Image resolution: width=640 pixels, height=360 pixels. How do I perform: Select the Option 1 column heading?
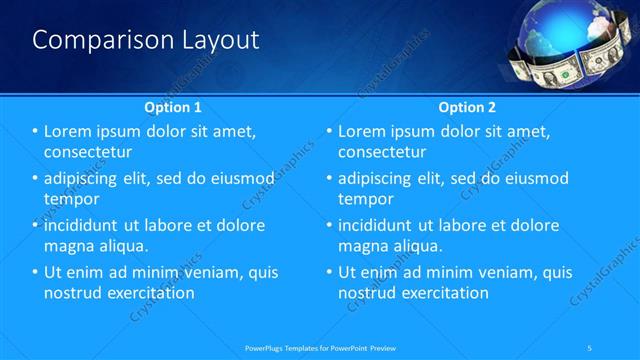(172, 106)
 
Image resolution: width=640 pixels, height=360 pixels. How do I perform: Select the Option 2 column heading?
(466, 106)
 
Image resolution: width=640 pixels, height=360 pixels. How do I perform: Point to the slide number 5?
(591, 347)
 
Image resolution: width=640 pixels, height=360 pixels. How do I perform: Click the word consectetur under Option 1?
(89, 152)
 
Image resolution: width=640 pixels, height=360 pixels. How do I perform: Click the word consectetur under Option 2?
(383, 152)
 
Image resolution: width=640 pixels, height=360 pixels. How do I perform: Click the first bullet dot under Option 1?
(35, 132)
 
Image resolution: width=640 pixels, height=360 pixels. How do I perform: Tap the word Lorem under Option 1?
(70, 131)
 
